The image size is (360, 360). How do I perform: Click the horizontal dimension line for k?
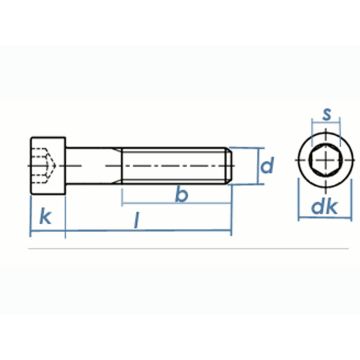(x=48, y=233)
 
